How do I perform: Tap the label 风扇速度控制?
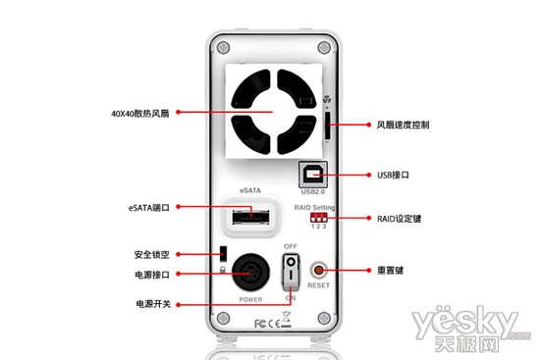coord(403,126)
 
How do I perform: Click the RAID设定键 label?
coord(399,217)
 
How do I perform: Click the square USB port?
coord(313,173)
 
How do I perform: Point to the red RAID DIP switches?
coord(315,218)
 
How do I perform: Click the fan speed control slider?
coord(326,127)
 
